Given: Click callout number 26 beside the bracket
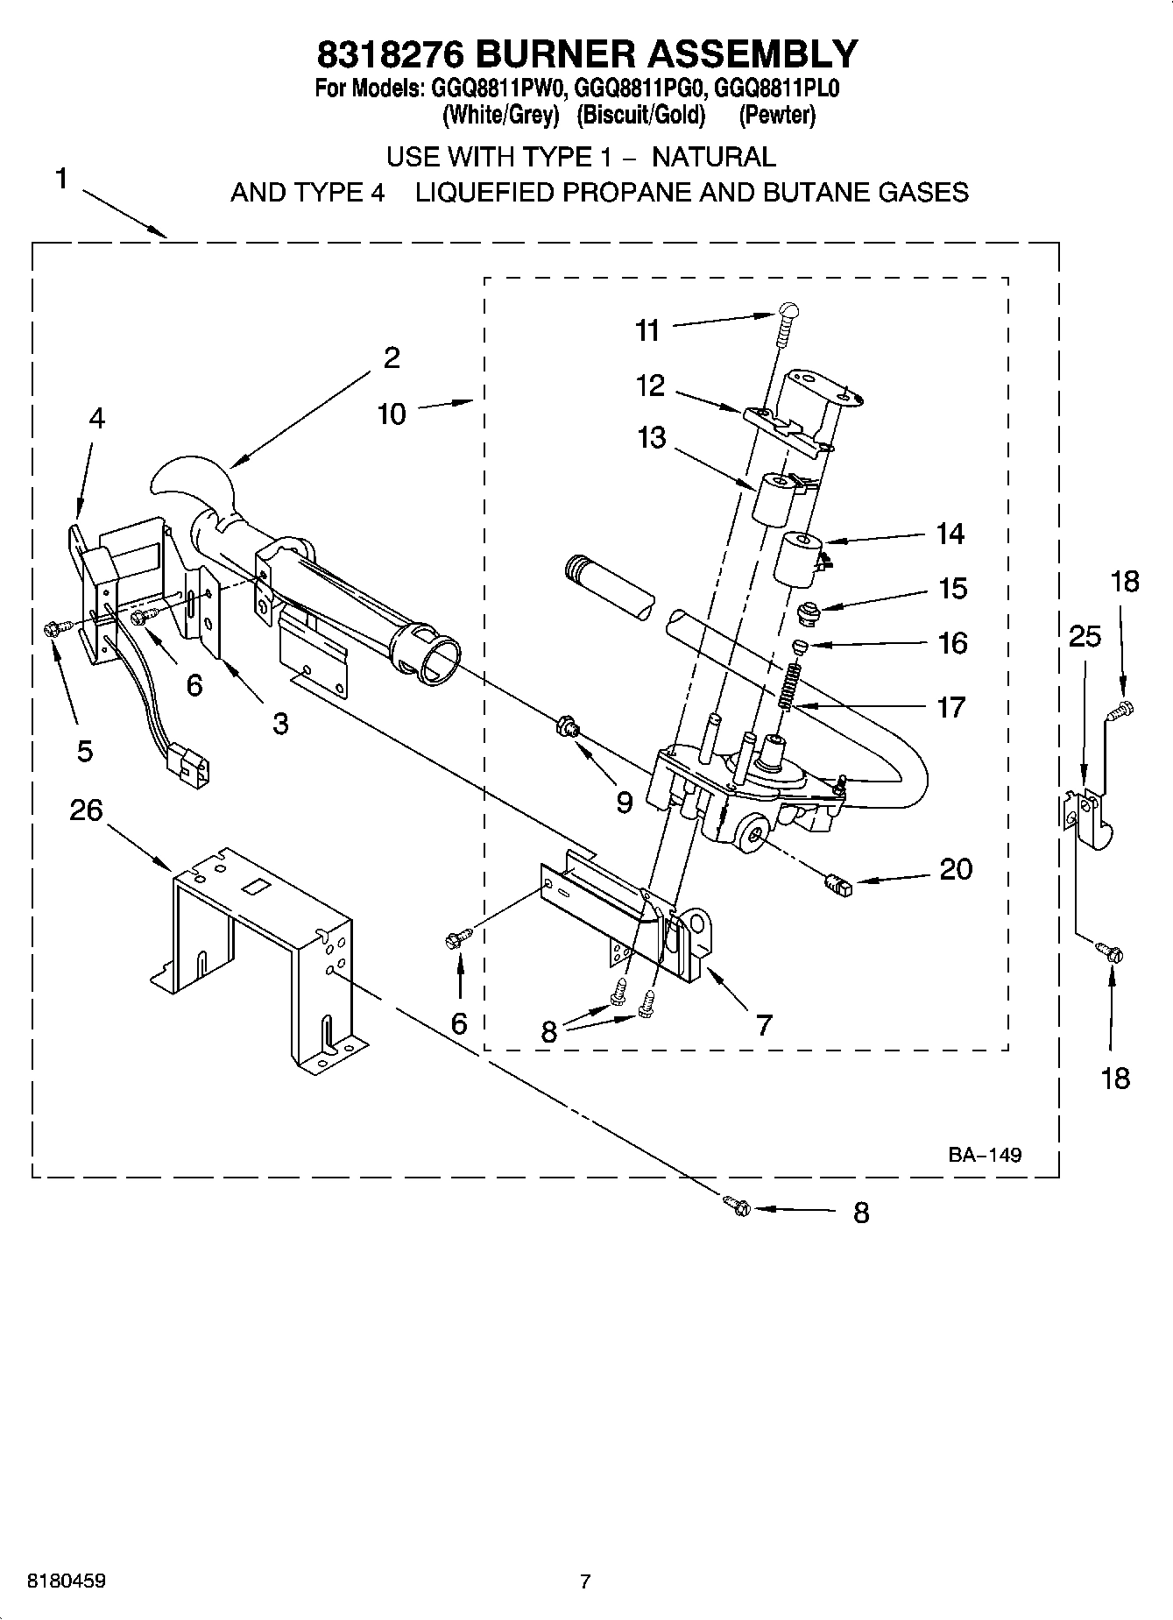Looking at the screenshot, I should point(86,810).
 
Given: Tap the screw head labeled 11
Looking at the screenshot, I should point(788,309).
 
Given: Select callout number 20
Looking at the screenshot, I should point(956,869).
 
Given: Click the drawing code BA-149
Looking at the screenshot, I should point(984,1155).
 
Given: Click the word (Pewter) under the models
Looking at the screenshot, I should point(776,115).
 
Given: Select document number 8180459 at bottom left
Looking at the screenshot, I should point(67,1581).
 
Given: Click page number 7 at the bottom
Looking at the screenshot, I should point(585,1581).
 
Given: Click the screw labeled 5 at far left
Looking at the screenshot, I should point(50,627).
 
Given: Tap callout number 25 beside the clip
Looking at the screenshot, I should point(1085,636).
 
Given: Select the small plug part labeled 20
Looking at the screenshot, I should point(838,887).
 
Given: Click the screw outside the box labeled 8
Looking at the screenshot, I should point(738,1206).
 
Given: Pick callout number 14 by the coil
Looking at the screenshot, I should point(950,534).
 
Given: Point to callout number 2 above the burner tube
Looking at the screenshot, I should point(391,357).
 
